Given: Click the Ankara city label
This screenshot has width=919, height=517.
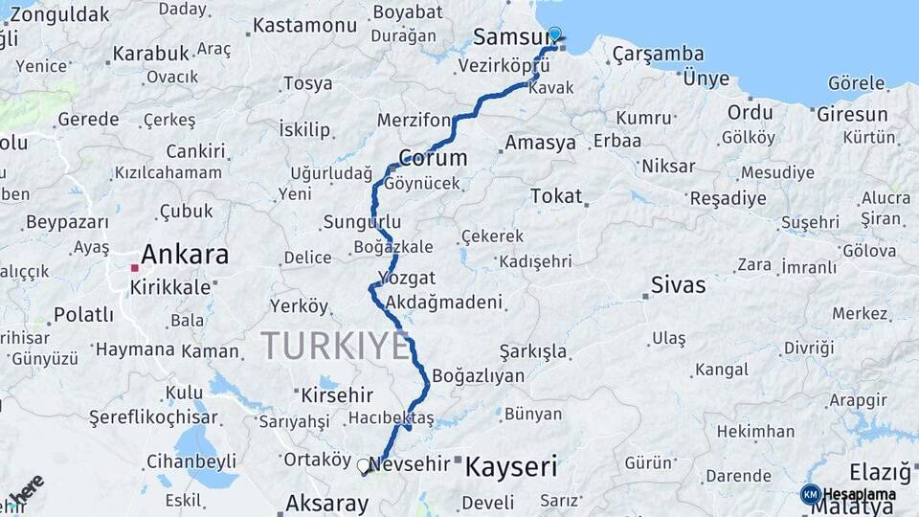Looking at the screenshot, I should point(185,255).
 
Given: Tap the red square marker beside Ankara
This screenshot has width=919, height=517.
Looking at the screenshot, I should point(135,268).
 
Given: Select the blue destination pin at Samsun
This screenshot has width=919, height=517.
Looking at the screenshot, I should point(554,35).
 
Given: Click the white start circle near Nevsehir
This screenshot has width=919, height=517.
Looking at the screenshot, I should point(363,466).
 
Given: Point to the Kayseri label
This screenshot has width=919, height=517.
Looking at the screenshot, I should point(511,467).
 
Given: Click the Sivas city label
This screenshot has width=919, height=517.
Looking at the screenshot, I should point(678,284).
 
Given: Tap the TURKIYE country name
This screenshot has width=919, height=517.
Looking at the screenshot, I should point(335,345).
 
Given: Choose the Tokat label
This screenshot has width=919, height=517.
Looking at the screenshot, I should point(555,196).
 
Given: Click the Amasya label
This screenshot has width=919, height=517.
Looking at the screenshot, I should point(540,144).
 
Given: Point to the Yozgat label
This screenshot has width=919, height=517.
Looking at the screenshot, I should point(407,278).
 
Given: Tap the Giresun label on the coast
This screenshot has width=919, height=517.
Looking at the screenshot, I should point(852,114).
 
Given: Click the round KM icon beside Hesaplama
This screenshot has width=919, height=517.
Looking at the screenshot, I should point(810,494).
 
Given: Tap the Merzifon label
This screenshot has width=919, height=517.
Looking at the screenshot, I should point(414,120).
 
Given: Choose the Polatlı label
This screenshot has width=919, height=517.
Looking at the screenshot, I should point(83,314).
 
